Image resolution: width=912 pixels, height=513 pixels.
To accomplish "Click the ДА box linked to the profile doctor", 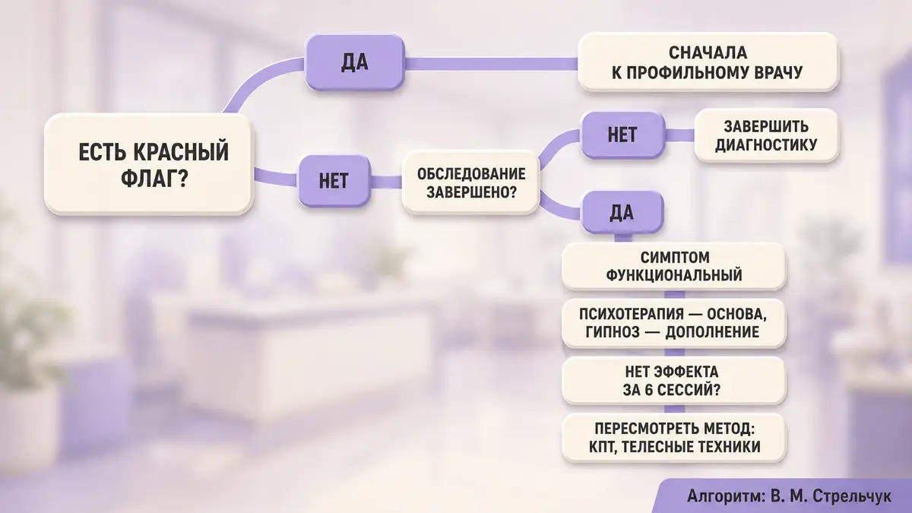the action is [x=355, y=62].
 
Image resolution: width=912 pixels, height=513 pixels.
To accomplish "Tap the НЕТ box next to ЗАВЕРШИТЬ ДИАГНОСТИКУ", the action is [x=622, y=135].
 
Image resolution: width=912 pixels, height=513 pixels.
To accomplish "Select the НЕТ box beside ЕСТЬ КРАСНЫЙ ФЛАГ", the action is [x=334, y=181].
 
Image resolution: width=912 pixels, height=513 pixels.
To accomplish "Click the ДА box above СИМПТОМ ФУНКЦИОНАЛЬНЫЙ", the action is [x=622, y=213].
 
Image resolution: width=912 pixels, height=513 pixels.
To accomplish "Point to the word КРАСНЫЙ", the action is [x=181, y=152].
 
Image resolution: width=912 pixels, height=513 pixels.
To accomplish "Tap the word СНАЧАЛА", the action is [x=708, y=53].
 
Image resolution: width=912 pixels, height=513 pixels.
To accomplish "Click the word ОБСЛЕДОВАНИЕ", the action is [x=471, y=174].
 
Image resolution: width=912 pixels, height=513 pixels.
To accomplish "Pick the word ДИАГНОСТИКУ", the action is [x=766, y=145].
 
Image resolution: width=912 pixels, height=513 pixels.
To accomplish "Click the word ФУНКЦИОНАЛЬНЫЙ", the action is [x=674, y=275].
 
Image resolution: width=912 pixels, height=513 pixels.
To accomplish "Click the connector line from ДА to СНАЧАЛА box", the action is [x=492, y=64].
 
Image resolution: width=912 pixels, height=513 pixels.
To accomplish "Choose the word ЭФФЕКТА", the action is [x=686, y=372].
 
